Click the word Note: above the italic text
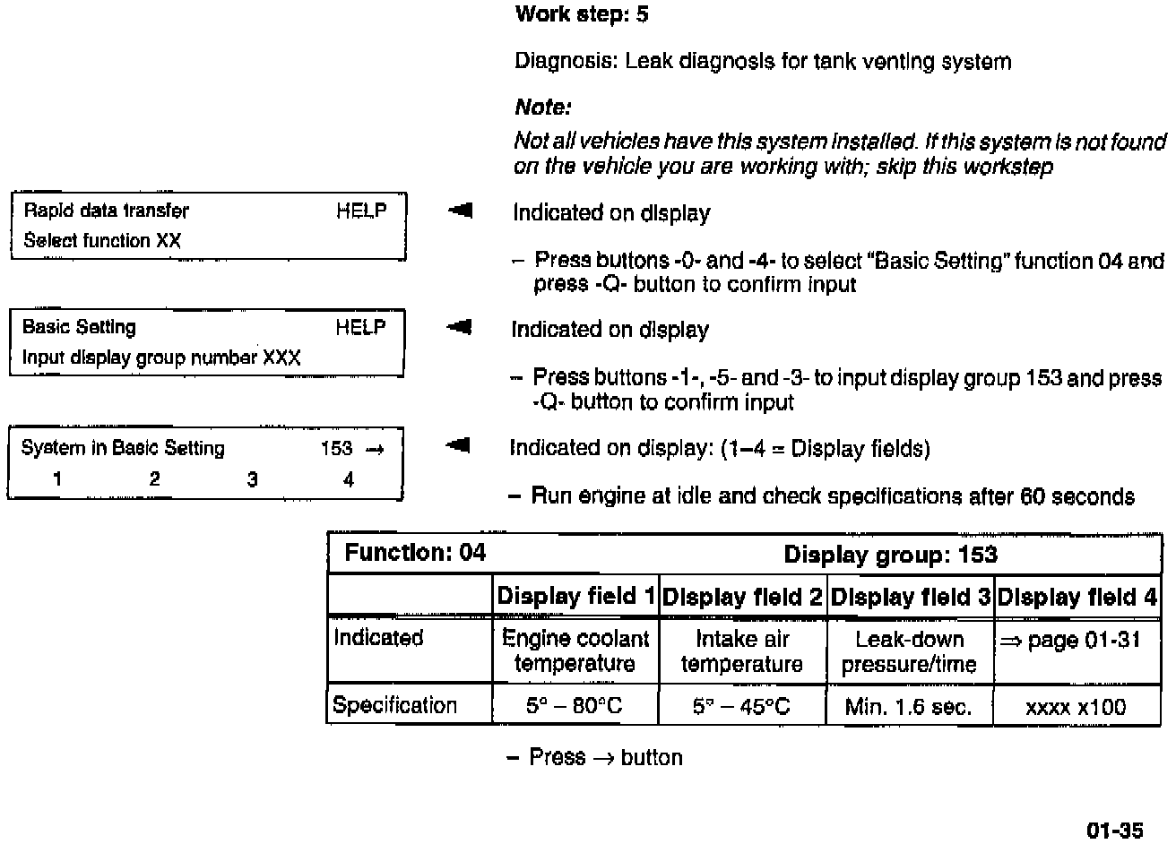[x=542, y=108]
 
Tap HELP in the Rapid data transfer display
[x=361, y=211]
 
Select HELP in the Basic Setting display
[x=360, y=327]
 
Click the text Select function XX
[x=102, y=240]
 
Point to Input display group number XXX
[x=161, y=357]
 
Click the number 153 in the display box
[x=337, y=448]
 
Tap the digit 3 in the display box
[x=252, y=479]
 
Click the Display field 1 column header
[x=575, y=597]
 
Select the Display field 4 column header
[x=1077, y=597]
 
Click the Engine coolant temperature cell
[x=575, y=651]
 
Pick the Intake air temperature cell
[x=741, y=651]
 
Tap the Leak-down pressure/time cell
[x=909, y=651]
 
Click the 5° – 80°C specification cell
[x=575, y=706]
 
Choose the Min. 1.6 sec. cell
[x=908, y=707]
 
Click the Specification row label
[x=394, y=705]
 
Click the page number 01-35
[x=1115, y=831]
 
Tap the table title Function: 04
[x=415, y=552]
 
